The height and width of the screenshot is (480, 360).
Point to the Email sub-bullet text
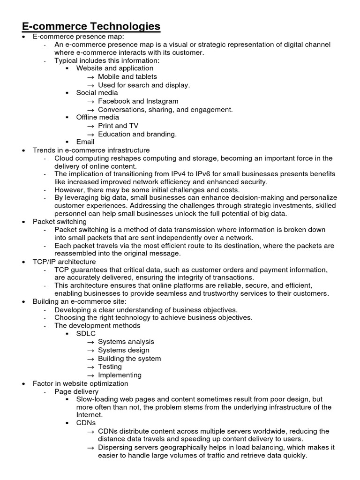click(x=85, y=142)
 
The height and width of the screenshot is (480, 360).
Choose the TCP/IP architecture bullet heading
click(x=64, y=262)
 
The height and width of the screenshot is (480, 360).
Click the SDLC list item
click(x=86, y=334)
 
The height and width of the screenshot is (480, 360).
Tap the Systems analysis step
click(x=126, y=342)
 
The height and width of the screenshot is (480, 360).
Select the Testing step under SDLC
click(x=110, y=367)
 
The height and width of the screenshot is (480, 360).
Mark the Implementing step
click(x=120, y=375)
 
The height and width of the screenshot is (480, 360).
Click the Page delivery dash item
click(x=76, y=391)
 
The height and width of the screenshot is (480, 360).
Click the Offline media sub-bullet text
click(x=97, y=117)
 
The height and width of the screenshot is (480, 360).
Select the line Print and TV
click(x=118, y=126)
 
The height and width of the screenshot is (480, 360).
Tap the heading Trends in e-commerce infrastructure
click(x=91, y=150)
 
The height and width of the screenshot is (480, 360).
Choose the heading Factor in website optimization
click(x=80, y=383)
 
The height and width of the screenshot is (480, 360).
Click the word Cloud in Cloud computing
click(x=64, y=158)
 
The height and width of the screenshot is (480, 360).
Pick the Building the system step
click(x=129, y=359)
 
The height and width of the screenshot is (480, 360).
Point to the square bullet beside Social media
click(x=67, y=93)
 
